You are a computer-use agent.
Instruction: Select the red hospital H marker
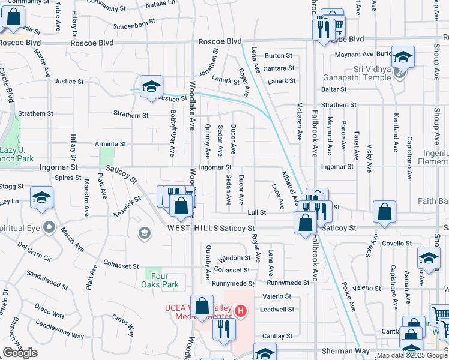point(240,311)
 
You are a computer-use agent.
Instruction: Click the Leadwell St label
point(277,310)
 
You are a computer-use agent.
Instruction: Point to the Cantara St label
point(278,68)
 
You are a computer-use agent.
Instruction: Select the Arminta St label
point(110,144)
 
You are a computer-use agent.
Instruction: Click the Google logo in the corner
point(20,353)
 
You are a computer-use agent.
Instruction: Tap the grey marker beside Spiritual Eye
point(50,228)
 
